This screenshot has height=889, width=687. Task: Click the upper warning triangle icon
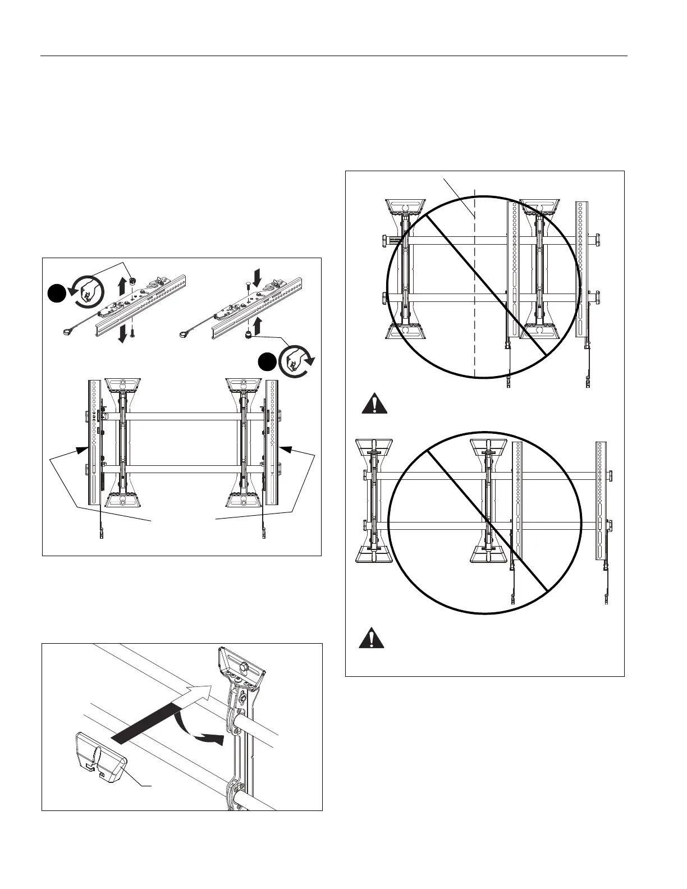pos(374,405)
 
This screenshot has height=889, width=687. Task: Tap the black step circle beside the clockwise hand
pos(268,362)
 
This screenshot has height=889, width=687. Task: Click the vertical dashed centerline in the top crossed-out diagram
pos(475,281)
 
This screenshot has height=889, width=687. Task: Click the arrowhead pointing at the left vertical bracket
pos(84,447)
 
